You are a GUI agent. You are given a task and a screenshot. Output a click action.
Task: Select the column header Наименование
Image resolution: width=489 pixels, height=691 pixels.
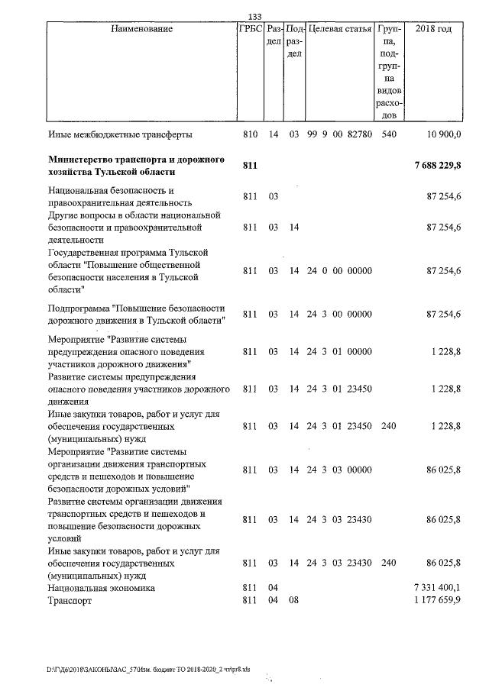click(141, 29)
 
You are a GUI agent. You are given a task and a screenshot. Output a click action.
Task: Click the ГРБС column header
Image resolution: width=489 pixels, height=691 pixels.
click(251, 29)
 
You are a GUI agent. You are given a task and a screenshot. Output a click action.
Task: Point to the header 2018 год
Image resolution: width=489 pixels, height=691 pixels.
click(432, 29)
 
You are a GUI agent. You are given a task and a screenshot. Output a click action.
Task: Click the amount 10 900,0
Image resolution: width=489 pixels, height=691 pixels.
click(442, 134)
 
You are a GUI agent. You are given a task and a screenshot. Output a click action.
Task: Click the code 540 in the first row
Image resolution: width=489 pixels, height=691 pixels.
click(388, 134)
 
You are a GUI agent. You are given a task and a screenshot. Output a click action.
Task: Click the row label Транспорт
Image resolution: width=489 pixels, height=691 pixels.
click(69, 601)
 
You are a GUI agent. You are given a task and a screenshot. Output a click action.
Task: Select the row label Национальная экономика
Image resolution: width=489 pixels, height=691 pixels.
click(101, 588)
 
